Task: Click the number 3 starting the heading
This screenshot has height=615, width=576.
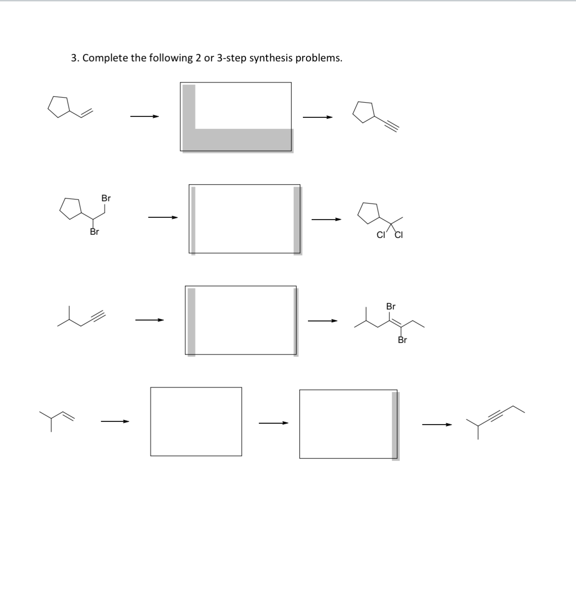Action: [x=74, y=58]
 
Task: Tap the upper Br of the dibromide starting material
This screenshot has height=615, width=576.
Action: [x=106, y=199]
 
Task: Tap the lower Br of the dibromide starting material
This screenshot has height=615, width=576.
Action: [x=94, y=232]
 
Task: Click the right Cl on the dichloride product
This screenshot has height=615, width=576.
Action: [x=398, y=236]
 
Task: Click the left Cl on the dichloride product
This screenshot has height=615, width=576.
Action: [x=380, y=236]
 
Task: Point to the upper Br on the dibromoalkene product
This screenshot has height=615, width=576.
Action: [x=391, y=306]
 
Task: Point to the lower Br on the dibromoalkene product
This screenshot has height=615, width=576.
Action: [x=402, y=340]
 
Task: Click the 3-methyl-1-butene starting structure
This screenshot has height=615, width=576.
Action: [x=57, y=418]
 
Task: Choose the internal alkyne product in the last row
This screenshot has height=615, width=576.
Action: [x=494, y=420]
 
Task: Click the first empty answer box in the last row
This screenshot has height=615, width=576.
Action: [x=196, y=421]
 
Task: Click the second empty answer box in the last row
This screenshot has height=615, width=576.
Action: [x=348, y=424]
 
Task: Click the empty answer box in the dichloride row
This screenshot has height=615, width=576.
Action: [x=244, y=219]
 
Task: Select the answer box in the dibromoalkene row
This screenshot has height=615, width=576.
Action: [x=241, y=320]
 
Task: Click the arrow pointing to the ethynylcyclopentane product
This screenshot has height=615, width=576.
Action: [x=317, y=117]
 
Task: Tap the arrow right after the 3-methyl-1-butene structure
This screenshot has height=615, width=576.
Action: [x=115, y=421]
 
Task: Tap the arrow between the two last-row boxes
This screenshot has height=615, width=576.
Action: [x=274, y=423]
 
